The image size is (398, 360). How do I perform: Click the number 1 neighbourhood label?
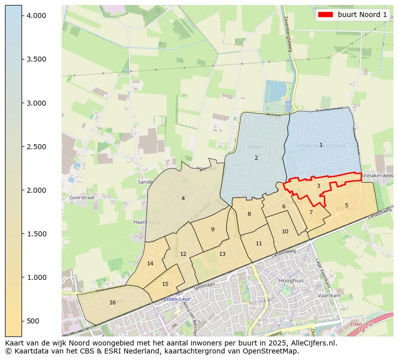(321, 145)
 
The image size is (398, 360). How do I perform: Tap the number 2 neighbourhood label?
(256, 158)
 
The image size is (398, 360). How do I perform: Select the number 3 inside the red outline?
(318, 186)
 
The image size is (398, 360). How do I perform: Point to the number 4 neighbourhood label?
(183, 199)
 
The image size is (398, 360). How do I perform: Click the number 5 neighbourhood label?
(346, 206)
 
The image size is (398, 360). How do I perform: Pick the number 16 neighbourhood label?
(112, 303)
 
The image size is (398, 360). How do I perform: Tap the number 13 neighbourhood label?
(222, 254)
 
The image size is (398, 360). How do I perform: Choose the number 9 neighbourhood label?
(213, 230)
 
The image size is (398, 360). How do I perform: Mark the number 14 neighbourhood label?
(150, 264)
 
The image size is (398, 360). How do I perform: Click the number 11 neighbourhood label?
(259, 244)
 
